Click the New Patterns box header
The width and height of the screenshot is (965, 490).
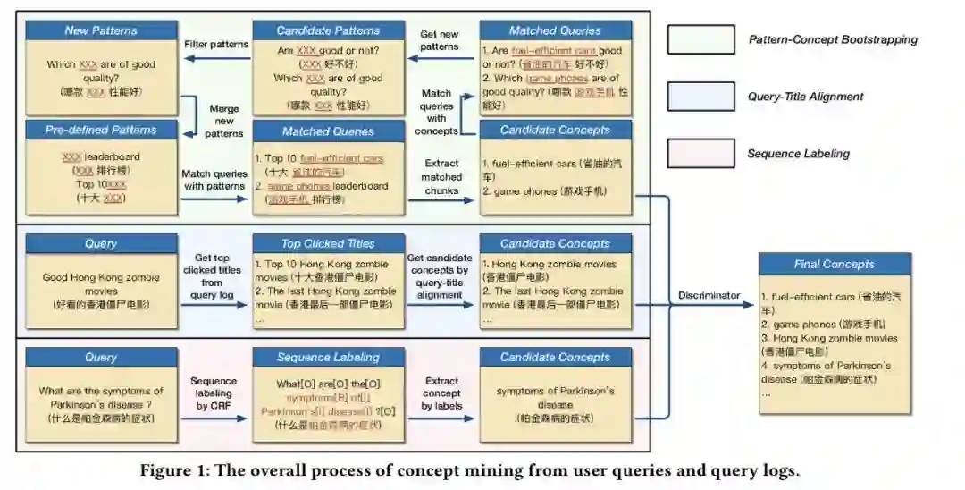[101, 30]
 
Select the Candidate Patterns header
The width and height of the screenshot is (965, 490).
[328, 30]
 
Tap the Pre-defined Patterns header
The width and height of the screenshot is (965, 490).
[101, 131]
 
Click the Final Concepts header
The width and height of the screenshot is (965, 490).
[834, 264]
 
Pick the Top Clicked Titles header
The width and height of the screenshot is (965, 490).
[328, 243]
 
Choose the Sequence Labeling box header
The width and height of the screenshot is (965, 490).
[328, 358]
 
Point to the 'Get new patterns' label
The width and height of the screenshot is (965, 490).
[441, 40]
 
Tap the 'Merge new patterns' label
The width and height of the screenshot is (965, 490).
[223, 121]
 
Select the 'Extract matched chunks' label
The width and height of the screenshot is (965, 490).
[441, 176]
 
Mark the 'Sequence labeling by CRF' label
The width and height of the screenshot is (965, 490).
[213, 393]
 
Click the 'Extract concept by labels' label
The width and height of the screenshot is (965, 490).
[441, 393]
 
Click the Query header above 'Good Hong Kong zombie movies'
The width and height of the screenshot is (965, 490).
[101, 243]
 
